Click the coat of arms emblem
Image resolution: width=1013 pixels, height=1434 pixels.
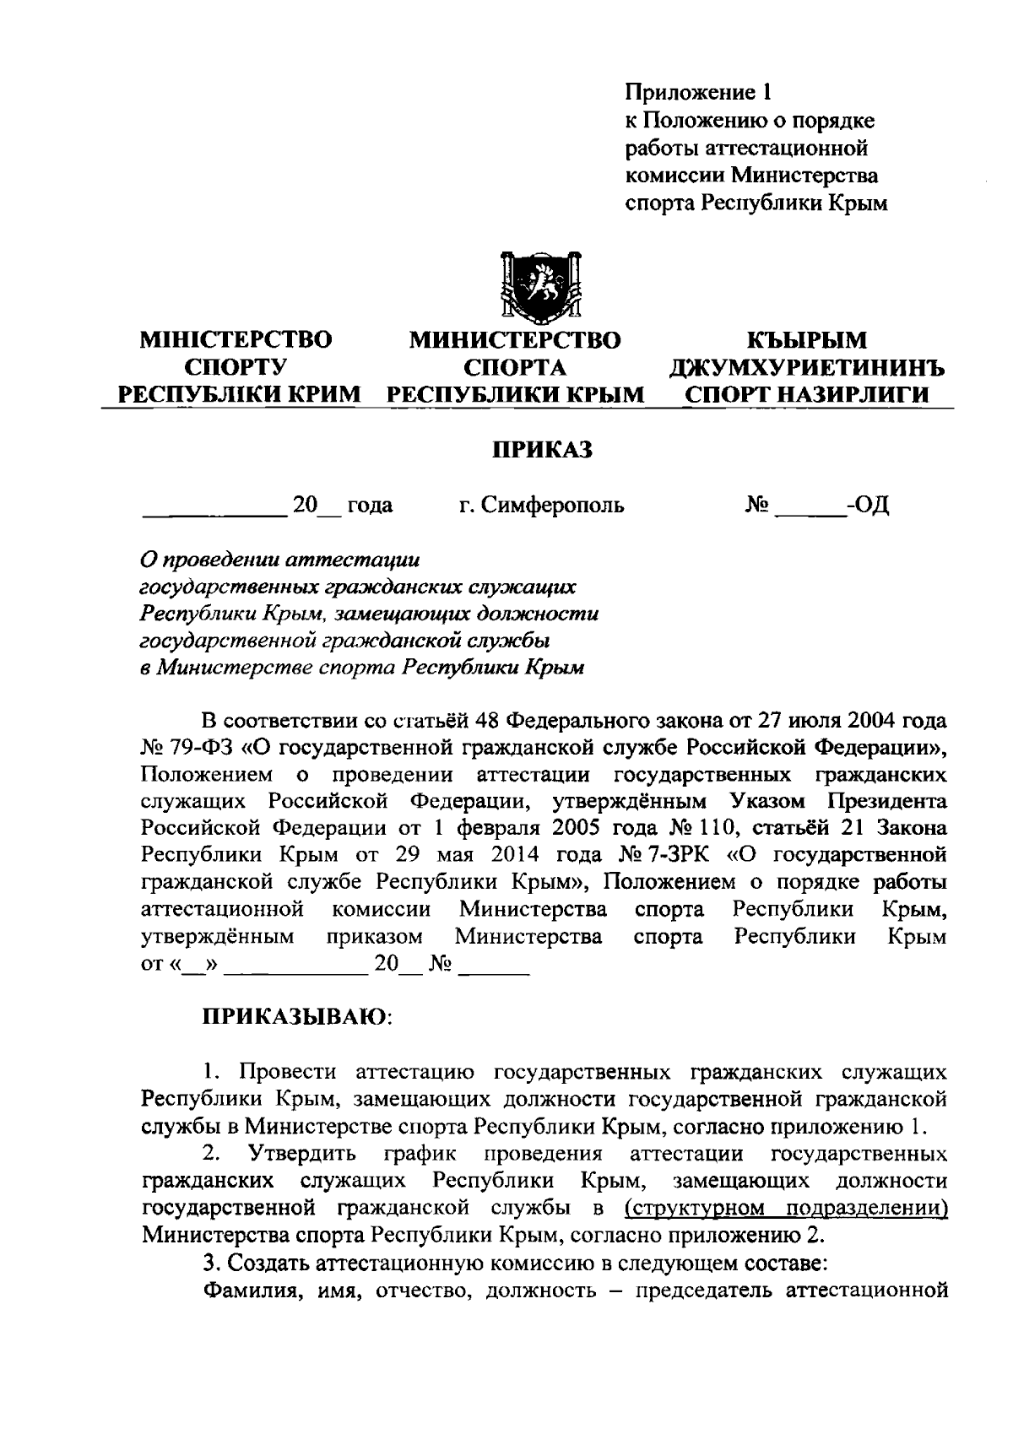click(540, 287)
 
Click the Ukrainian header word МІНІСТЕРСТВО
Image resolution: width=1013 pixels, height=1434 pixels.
click(236, 340)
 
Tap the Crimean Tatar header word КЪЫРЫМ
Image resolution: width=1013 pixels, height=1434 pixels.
click(807, 340)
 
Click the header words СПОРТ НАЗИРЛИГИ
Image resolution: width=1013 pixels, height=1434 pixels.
click(807, 395)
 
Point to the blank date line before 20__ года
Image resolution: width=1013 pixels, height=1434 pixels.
click(214, 510)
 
